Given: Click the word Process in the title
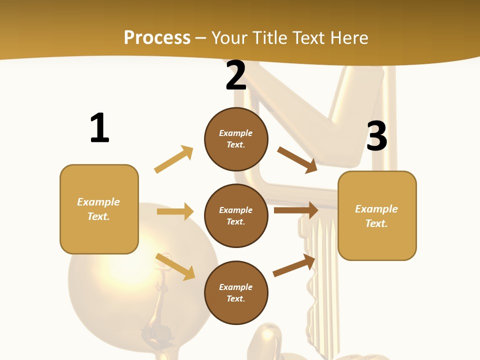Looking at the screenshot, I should [x=157, y=37].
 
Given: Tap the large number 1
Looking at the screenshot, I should [x=99, y=128].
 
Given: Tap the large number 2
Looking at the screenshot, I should [x=236, y=76].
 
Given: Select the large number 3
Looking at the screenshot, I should [x=376, y=136].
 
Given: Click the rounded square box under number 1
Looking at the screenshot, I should [x=99, y=209].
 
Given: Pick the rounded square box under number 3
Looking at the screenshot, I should [x=377, y=216].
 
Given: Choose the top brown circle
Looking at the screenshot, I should [x=236, y=139].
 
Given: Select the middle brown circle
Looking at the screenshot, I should [x=236, y=215].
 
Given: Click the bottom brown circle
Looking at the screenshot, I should [x=236, y=292].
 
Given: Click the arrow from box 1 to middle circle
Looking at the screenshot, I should [x=175, y=211].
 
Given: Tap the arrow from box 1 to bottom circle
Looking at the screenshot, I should [x=175, y=266].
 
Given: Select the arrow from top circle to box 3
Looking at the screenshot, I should [x=297, y=159].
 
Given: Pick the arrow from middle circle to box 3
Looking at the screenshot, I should [x=296, y=210].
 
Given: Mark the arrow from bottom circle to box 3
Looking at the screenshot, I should [x=294, y=265].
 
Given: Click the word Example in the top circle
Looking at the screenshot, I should [x=236, y=133].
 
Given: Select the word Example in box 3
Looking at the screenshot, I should [x=376, y=209].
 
